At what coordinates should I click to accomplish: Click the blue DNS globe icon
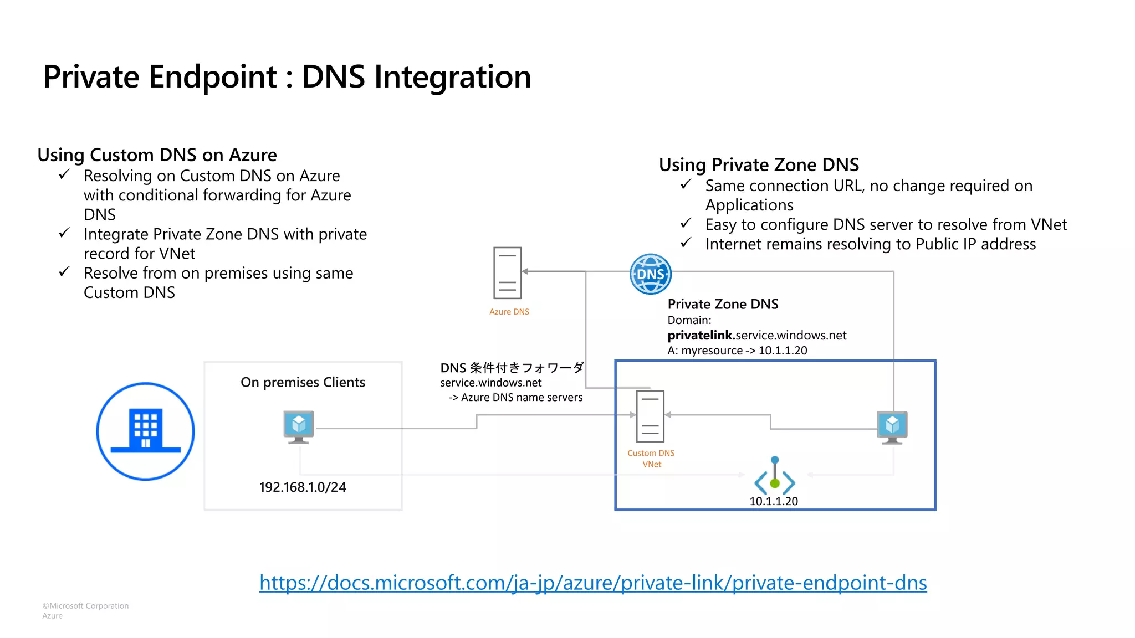click(651, 274)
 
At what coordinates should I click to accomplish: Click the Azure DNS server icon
click(507, 273)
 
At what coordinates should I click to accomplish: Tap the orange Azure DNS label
click(509, 312)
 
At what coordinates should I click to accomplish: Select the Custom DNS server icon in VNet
click(650, 416)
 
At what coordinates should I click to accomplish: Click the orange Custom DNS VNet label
click(651, 459)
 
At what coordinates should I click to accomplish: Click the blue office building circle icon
click(145, 431)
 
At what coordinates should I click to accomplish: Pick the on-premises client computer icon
click(299, 426)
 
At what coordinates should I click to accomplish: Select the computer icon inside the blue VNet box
click(892, 427)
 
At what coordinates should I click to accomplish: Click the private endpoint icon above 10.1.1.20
click(775, 477)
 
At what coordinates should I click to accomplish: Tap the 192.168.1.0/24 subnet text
click(303, 487)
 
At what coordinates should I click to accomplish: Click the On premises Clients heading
click(303, 382)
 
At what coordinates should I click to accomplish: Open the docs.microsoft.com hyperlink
click(592, 583)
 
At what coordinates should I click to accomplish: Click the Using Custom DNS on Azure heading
click(157, 155)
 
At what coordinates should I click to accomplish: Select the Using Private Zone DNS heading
click(758, 164)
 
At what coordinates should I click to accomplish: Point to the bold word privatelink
click(701, 335)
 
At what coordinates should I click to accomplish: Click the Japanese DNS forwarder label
click(512, 368)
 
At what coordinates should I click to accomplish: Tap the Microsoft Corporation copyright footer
click(85, 606)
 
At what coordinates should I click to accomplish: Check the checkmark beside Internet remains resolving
click(686, 243)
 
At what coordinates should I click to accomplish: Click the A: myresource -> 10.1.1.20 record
click(737, 351)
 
